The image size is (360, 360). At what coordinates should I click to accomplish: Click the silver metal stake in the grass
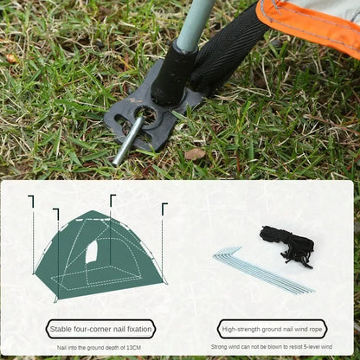pos(128,141)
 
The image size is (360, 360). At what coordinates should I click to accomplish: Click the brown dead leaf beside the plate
pos(196,154)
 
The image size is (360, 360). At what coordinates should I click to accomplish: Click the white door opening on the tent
pos(92,252)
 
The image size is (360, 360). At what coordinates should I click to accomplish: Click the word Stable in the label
pos(61,329)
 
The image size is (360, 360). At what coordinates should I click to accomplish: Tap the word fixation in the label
pos(137,329)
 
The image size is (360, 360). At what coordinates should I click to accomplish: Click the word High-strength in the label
pos(241,329)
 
